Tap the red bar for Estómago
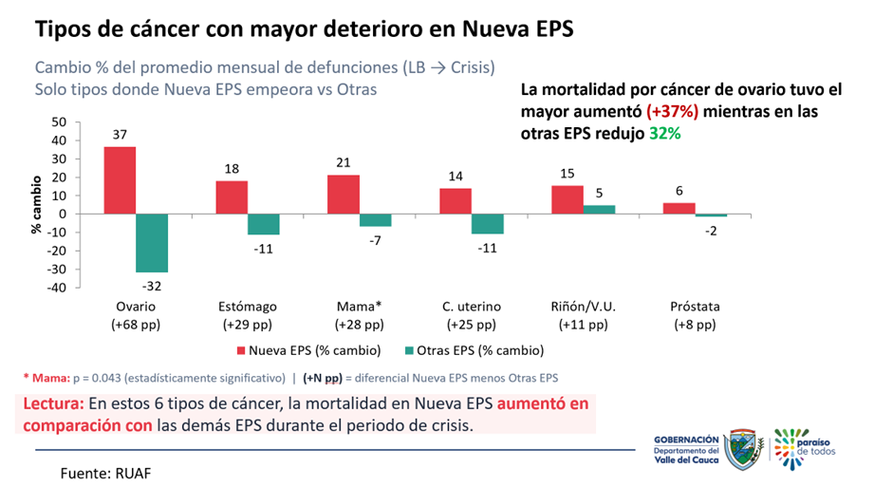click(232, 197)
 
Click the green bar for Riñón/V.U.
click(600, 209)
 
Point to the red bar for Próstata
click(679, 208)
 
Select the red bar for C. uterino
click(456, 201)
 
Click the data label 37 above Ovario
click(120, 136)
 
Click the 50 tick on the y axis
click(59, 121)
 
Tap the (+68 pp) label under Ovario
click(136, 324)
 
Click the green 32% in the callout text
click(665, 134)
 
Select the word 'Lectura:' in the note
click(54, 403)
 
